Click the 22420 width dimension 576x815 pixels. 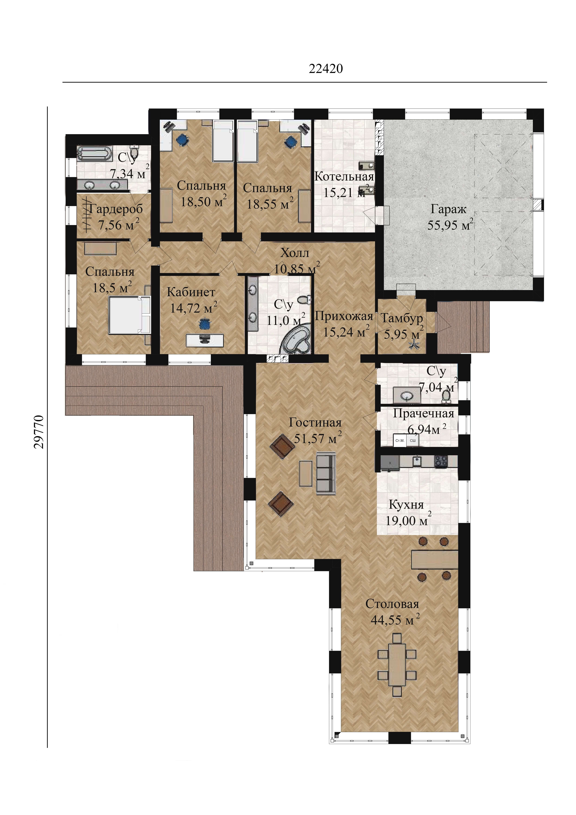326,69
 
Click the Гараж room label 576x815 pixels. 448,209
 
